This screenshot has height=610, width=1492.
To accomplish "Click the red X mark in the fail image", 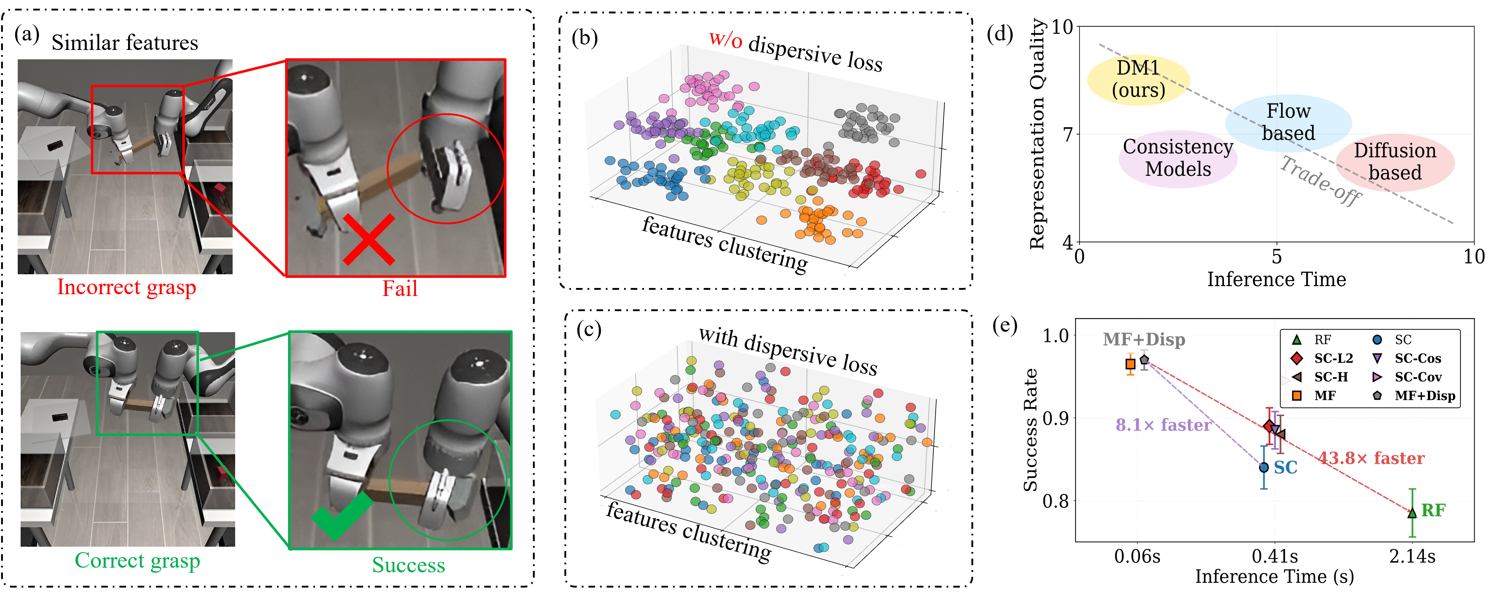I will point(369,239).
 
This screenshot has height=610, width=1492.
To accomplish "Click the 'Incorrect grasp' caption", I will point(126,287).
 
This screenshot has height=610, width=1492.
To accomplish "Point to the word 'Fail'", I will point(400,288).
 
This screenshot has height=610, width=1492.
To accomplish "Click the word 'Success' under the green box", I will point(408,565).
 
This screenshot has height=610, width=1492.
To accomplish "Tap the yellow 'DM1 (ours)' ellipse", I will point(1138,79).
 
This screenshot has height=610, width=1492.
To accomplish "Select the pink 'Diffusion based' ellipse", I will point(1395,162).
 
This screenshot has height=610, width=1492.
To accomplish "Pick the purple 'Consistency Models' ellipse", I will point(1178,158).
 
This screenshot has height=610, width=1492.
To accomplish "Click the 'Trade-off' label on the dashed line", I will point(1320,181).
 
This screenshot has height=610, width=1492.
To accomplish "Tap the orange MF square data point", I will point(1130,364).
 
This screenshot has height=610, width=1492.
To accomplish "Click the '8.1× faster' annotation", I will point(1163,425).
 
